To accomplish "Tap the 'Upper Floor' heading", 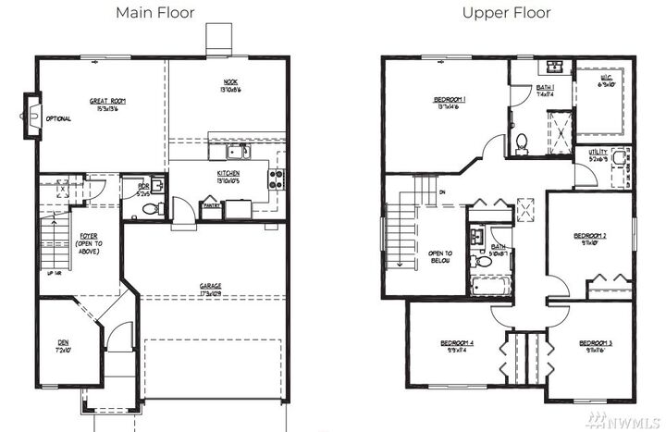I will pyautogui.click(x=508, y=13).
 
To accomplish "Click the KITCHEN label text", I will pyautogui.click(x=228, y=176).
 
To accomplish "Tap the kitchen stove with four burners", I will pyautogui.click(x=274, y=178).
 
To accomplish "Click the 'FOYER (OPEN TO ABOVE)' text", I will pyautogui.click(x=89, y=244).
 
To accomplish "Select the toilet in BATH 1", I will pyautogui.click(x=522, y=142).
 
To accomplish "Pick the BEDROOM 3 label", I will pyautogui.click(x=596, y=347).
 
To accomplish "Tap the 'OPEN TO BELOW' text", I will pyautogui.click(x=440, y=256).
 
